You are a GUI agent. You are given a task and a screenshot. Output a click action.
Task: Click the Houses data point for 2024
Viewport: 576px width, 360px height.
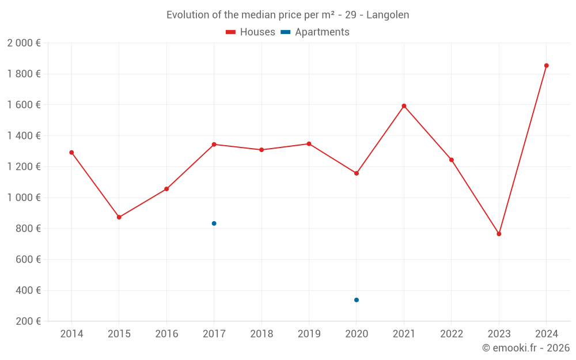[546, 66]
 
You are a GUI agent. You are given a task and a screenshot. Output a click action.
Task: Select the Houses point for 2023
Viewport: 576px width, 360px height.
[499, 234]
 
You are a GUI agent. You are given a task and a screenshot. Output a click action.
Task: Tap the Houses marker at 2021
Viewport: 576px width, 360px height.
[404, 106]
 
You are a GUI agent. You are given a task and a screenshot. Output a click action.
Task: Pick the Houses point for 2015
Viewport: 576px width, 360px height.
[119, 217]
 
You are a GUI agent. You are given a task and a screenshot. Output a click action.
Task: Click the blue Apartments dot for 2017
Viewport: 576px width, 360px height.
[214, 223]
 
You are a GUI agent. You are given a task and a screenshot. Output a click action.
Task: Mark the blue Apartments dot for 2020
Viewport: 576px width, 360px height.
[357, 300]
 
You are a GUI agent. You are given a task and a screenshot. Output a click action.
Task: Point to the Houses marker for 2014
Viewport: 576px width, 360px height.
[71, 153]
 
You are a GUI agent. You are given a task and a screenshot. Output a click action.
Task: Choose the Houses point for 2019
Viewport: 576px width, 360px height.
[309, 144]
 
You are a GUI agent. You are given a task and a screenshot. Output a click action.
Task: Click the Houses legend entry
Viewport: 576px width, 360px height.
[251, 32]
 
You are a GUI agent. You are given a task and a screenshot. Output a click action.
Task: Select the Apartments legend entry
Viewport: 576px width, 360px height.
[315, 32]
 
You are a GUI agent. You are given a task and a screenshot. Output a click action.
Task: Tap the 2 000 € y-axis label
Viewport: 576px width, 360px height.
[24, 43]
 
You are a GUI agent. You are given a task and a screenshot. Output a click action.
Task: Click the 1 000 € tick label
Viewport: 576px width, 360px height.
[24, 198]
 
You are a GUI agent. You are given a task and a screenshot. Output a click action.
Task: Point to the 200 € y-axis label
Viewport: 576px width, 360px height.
[28, 321]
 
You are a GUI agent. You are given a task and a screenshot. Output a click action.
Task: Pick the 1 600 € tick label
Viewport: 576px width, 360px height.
[24, 105]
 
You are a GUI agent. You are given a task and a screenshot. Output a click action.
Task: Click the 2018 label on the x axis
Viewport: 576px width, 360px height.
[262, 334]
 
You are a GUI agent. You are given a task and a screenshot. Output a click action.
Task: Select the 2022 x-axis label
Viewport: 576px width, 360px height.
[452, 334]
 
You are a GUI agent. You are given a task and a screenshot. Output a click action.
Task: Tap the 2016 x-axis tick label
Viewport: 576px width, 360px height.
[166, 334]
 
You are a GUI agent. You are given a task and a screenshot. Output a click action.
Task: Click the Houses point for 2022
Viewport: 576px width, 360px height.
[452, 160]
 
